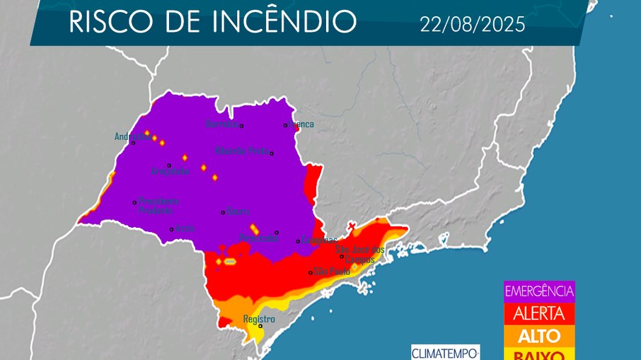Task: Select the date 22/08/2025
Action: pos(472,25)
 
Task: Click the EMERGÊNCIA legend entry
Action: pos(539,291)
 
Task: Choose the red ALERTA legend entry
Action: pos(539,313)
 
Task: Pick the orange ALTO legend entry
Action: pos(539,335)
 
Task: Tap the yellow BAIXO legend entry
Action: pos(539,354)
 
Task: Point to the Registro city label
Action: pos(259,319)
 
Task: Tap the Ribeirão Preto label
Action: pos(242,151)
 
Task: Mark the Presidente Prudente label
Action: pos(158,206)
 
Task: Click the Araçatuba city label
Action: pos(171,171)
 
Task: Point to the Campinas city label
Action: pos(319,240)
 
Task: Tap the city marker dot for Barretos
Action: pos(241,126)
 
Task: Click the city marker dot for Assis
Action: pos(171,228)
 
